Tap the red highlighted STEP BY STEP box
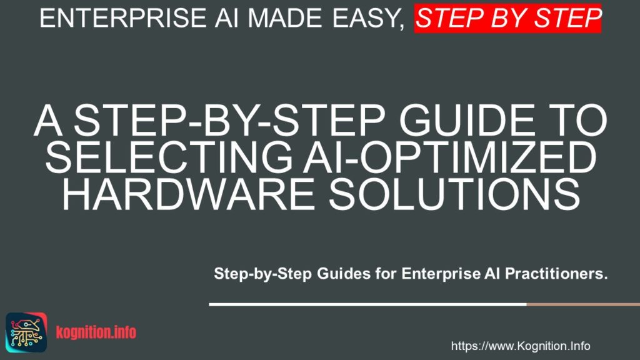tap(507, 19)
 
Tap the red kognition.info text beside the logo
tap(96, 332)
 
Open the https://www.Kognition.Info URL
tap(521, 346)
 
